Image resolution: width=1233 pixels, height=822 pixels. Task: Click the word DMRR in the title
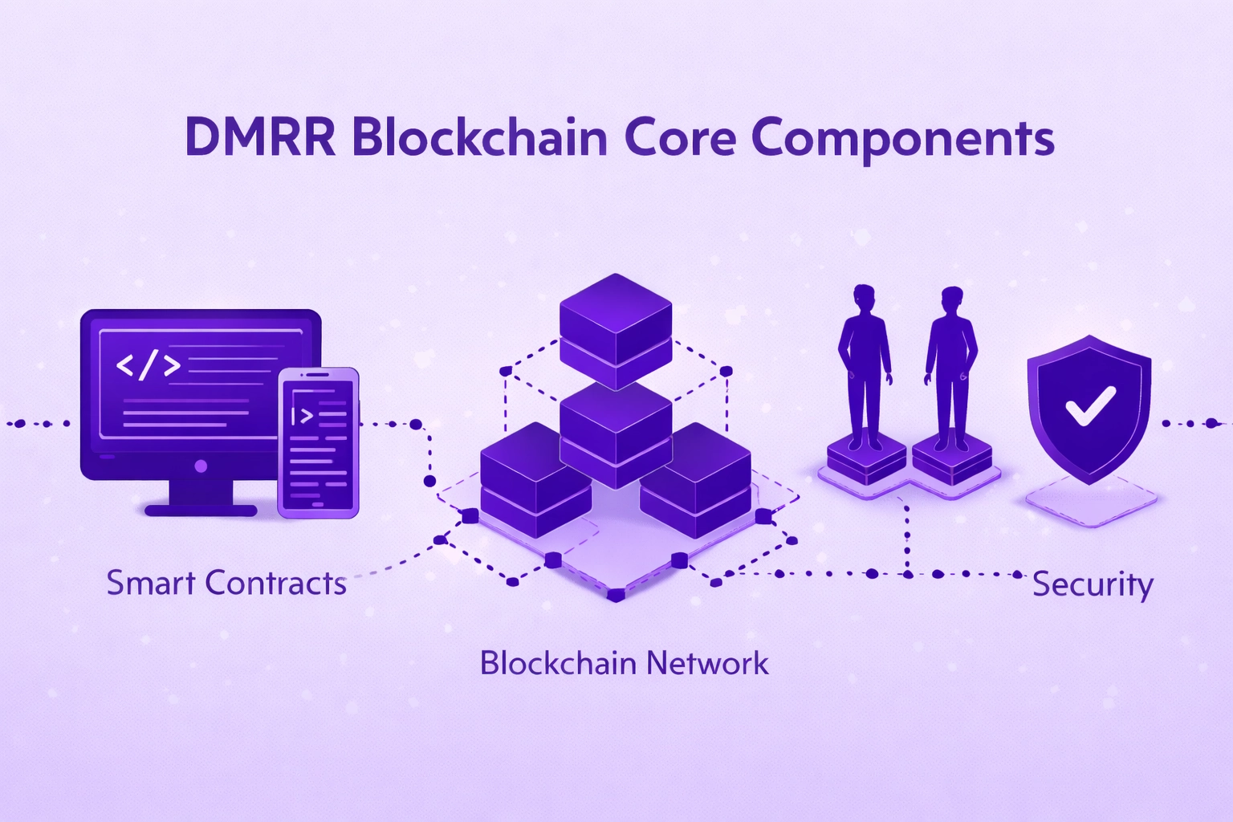coord(260,137)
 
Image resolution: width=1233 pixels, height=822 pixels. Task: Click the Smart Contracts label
coord(226,583)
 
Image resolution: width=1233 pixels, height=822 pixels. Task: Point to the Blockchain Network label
coord(624,663)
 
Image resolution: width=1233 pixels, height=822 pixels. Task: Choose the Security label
coord(1092,584)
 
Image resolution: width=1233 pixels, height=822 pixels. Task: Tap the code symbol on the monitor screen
coord(148,365)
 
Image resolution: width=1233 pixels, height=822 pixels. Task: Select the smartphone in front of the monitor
coord(318,442)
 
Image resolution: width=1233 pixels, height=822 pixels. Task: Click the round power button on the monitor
coord(201,466)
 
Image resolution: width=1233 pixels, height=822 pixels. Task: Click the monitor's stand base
coord(201,509)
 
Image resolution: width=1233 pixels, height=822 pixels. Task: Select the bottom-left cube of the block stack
coord(534,482)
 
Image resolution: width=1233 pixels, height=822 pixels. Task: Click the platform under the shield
coord(1090,502)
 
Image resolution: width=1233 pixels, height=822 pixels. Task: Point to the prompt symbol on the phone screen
coord(303,415)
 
